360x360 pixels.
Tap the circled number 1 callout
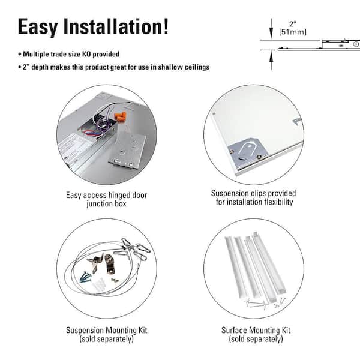[x=355, y=43]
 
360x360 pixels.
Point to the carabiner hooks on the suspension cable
[x=132, y=246]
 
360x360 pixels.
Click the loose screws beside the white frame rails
[x=264, y=304]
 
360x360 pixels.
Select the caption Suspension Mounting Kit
[x=106, y=331]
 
